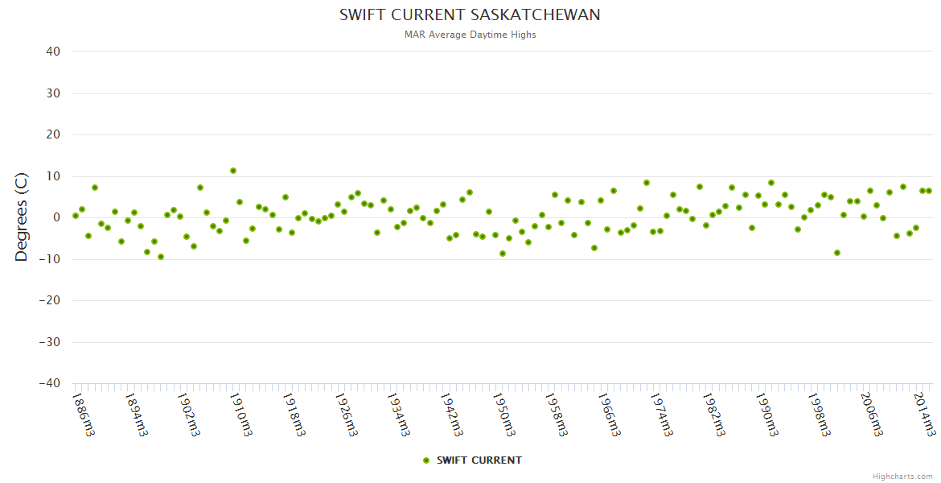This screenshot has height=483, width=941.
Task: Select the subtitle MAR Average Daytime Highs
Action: (x=470, y=35)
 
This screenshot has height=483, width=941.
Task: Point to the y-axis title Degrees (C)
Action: (x=23, y=217)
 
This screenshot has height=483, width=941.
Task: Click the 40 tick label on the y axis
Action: (x=52, y=52)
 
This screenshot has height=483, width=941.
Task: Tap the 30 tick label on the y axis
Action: (x=52, y=93)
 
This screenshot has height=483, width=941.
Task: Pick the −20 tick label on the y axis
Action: (x=49, y=300)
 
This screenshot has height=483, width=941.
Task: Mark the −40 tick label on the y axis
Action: (x=49, y=383)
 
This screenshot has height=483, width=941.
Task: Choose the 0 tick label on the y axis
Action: (x=56, y=217)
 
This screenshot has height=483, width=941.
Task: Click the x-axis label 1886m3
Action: (x=84, y=414)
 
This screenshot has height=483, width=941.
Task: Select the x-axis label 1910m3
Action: (x=242, y=414)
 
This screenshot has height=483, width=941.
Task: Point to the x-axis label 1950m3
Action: (x=506, y=414)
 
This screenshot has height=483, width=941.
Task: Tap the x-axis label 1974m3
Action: (x=664, y=414)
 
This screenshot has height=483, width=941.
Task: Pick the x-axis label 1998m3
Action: (x=823, y=414)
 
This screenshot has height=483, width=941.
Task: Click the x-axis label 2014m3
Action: (x=928, y=414)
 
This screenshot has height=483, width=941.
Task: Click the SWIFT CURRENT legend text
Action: (x=479, y=460)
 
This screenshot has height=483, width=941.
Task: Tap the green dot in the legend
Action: (x=426, y=460)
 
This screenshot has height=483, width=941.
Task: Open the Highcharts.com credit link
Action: (x=902, y=476)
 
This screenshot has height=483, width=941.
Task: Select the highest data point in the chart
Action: (x=233, y=171)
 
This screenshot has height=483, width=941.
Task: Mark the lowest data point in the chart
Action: (x=161, y=257)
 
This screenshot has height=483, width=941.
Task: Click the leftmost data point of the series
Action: (x=76, y=216)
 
